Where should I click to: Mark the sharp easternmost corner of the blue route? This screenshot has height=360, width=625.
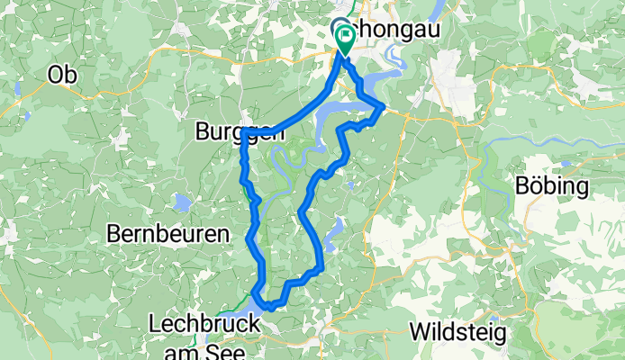(x=384, y=107)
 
